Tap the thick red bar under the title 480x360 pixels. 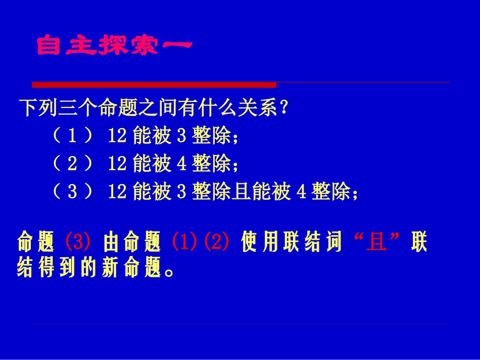(x=154, y=84)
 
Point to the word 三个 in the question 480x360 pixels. (x=79, y=108)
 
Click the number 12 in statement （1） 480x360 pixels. (x=117, y=136)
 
